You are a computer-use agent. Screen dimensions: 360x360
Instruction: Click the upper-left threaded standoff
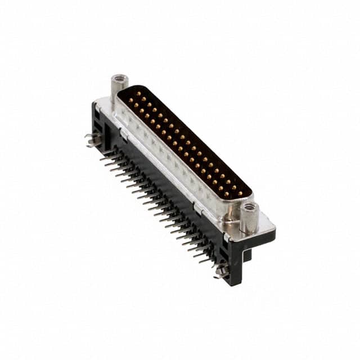tap(119, 87)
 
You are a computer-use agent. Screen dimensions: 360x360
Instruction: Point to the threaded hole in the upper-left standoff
tap(119, 78)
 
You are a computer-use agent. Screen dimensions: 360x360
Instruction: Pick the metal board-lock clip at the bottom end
tap(220, 271)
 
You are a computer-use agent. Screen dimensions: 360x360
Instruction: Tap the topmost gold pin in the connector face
tap(138, 93)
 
